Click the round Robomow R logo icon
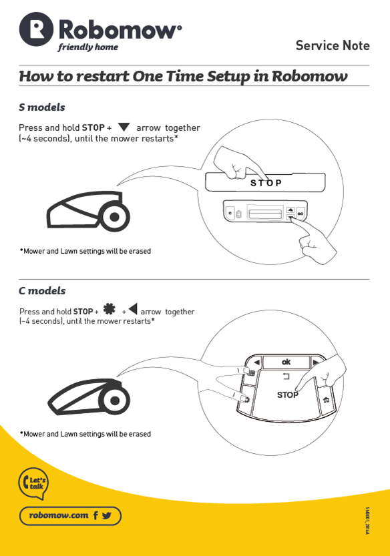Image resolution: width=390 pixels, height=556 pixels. tap(36, 29)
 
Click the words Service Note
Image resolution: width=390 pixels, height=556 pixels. tap(333, 45)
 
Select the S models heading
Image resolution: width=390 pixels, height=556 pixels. tap(42, 107)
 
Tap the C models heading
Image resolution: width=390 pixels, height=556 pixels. tap(42, 291)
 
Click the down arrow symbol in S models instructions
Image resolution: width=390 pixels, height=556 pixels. tap(124, 127)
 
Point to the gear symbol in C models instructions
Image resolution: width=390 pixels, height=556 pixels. tap(110, 309)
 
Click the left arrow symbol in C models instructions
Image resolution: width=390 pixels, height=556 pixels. tap(133, 309)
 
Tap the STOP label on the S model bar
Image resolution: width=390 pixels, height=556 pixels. tap(266, 183)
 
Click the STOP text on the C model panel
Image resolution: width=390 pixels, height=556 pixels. tap(287, 394)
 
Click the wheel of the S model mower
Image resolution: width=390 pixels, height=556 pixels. tap(114, 217)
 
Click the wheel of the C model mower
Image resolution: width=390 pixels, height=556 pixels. tap(114, 400)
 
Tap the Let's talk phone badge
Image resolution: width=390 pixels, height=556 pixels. tap(33, 483)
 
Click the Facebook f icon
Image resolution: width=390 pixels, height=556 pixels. tap(95, 515)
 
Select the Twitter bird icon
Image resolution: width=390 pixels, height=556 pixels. tap(106, 515)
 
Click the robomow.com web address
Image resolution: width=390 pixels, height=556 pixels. tap(59, 515)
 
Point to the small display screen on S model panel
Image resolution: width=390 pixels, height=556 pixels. tap(265, 214)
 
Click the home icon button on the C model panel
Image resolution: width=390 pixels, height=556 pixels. tap(326, 400)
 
